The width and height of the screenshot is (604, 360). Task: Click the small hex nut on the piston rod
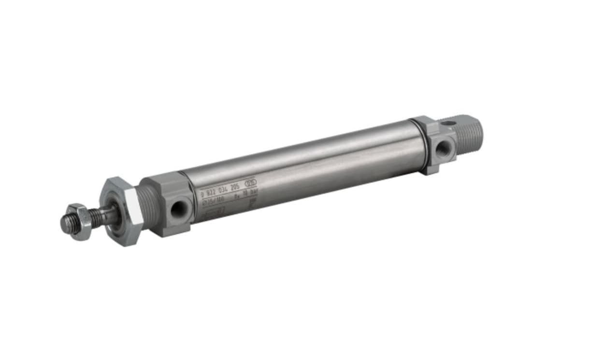80,222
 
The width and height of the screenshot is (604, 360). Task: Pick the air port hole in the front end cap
179,209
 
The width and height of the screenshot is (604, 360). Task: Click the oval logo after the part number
252,183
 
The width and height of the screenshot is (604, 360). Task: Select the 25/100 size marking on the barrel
213,200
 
